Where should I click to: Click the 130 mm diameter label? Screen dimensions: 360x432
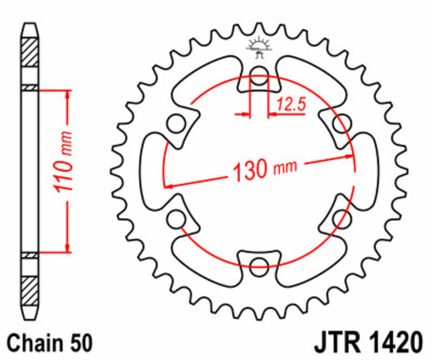pos(264,170)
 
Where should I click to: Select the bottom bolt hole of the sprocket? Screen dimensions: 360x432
pos(259,263)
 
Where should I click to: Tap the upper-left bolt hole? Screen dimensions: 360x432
pos(175,123)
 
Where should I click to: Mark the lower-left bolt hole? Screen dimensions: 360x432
pos(175,219)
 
